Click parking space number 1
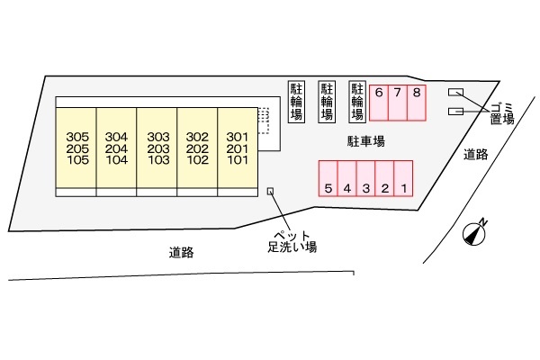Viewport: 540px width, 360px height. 403,178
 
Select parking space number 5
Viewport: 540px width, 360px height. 328,178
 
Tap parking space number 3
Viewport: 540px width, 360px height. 365,178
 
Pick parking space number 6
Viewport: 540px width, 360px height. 379,103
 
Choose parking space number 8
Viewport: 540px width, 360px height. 417,103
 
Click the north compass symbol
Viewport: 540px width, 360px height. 474,232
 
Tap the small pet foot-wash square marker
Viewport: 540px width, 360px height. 270,191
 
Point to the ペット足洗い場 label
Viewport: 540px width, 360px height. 292,241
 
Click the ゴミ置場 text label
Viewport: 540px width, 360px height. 502,113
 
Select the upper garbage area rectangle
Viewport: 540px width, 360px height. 455,93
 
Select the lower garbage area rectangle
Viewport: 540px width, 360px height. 455,112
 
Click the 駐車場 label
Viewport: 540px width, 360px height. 365,141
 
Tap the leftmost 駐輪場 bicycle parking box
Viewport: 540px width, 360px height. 296,102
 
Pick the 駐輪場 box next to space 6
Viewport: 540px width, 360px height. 357,102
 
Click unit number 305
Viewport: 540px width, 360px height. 77,137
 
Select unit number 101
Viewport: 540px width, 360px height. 238,160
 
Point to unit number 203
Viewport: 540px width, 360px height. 158,148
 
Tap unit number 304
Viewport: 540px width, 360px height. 116,137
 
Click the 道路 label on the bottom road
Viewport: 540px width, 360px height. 181,253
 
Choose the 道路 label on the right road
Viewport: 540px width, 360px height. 475,154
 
